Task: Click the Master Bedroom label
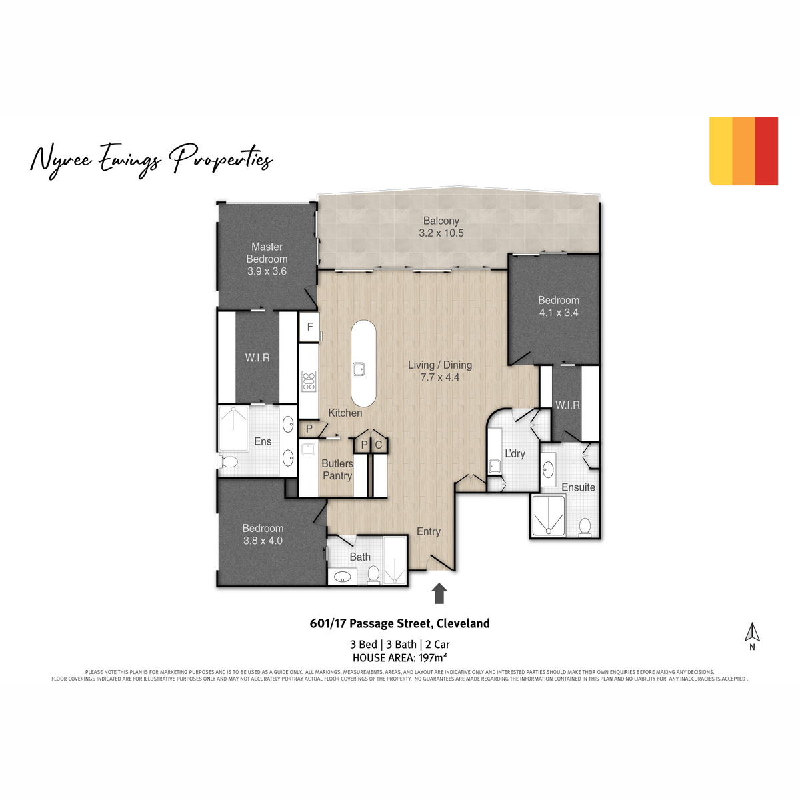(x=267, y=259)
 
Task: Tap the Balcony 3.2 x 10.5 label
(x=441, y=227)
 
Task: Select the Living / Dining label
(x=439, y=371)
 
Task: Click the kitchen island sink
(x=358, y=369)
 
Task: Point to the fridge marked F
(x=310, y=327)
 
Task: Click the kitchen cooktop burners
(x=309, y=381)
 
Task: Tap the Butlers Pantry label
(x=337, y=469)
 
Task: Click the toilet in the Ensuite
(x=585, y=527)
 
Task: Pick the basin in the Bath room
(x=343, y=577)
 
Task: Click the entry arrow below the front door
(x=439, y=593)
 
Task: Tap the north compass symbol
(x=752, y=637)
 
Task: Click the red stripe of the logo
(x=766, y=151)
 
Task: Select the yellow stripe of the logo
(x=721, y=151)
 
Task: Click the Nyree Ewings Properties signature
(x=151, y=161)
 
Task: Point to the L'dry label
(x=515, y=454)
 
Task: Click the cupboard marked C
(x=378, y=445)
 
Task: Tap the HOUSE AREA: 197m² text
(x=400, y=657)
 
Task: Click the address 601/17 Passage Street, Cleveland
(x=400, y=623)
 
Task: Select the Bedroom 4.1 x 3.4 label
(x=559, y=306)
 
